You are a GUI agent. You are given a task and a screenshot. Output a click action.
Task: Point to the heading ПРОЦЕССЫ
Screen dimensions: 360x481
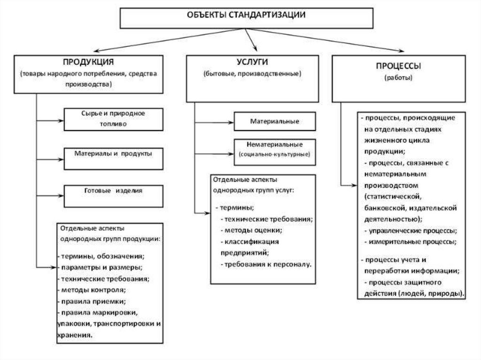pos(398,66)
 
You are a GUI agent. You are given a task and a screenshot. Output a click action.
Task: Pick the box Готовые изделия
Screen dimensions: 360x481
pos(113,191)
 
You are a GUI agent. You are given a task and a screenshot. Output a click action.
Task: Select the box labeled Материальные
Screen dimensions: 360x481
pos(275,121)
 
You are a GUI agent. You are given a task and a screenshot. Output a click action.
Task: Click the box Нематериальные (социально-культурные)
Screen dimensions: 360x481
pos(275,149)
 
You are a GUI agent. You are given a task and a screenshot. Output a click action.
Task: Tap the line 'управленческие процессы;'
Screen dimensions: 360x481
pos(411,231)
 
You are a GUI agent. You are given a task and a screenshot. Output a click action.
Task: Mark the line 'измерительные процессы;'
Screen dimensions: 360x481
pos(411,242)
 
